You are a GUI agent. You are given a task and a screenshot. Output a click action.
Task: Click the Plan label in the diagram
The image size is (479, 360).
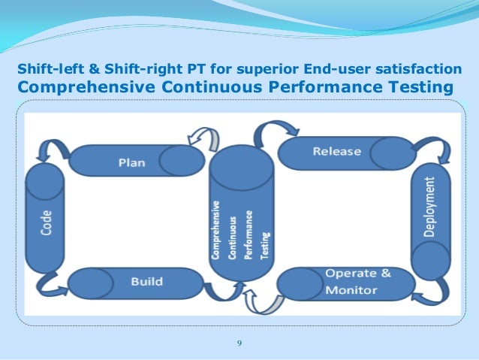[x=132, y=161]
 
